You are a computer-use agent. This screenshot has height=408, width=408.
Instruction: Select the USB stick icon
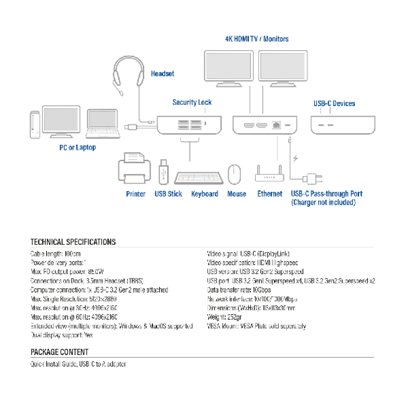pyautogui.click(x=163, y=171)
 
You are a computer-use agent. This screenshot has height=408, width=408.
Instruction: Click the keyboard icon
pyautogui.click(x=199, y=177)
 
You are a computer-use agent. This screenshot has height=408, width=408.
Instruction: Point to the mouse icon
pyautogui.click(x=234, y=174)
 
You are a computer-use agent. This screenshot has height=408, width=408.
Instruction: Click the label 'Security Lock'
pyautogui.click(x=192, y=103)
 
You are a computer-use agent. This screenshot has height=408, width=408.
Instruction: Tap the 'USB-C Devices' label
pyautogui.click(x=334, y=104)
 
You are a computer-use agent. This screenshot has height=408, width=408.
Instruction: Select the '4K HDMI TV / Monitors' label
pyautogui.click(x=257, y=39)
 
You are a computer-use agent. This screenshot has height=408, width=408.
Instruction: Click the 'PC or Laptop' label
pyautogui.click(x=77, y=147)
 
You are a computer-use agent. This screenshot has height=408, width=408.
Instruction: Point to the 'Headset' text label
pyautogui.click(x=162, y=74)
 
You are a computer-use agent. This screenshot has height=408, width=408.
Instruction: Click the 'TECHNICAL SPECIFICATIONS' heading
pyautogui.click(x=73, y=242)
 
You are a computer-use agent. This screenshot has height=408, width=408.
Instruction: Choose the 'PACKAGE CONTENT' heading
pyautogui.click(x=59, y=352)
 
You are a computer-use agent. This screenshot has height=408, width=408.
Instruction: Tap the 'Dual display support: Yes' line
pyautogui.click(x=62, y=335)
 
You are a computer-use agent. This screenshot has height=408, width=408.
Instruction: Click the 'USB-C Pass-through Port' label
pyautogui.click(x=326, y=194)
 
